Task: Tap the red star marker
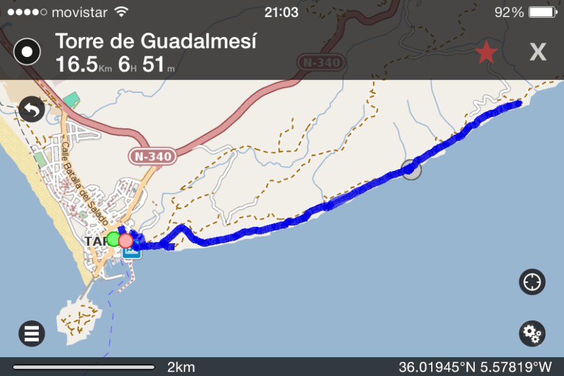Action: pos(486,53)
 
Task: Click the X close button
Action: pos(538,53)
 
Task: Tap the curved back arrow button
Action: pos(32,110)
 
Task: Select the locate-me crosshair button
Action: pos(532,282)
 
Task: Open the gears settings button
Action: pos(532,333)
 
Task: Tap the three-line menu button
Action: pos(32,333)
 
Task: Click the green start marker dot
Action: pos(113,239)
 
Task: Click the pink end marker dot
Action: pos(126,241)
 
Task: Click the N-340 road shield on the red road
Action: pos(153,156)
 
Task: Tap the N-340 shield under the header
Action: pos(321,62)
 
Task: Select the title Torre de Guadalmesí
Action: pos(156,41)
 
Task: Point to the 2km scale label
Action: pos(181,367)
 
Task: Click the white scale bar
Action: pos(84,367)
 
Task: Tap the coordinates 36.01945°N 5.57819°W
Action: pos(475,367)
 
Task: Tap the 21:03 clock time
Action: pos(282,12)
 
